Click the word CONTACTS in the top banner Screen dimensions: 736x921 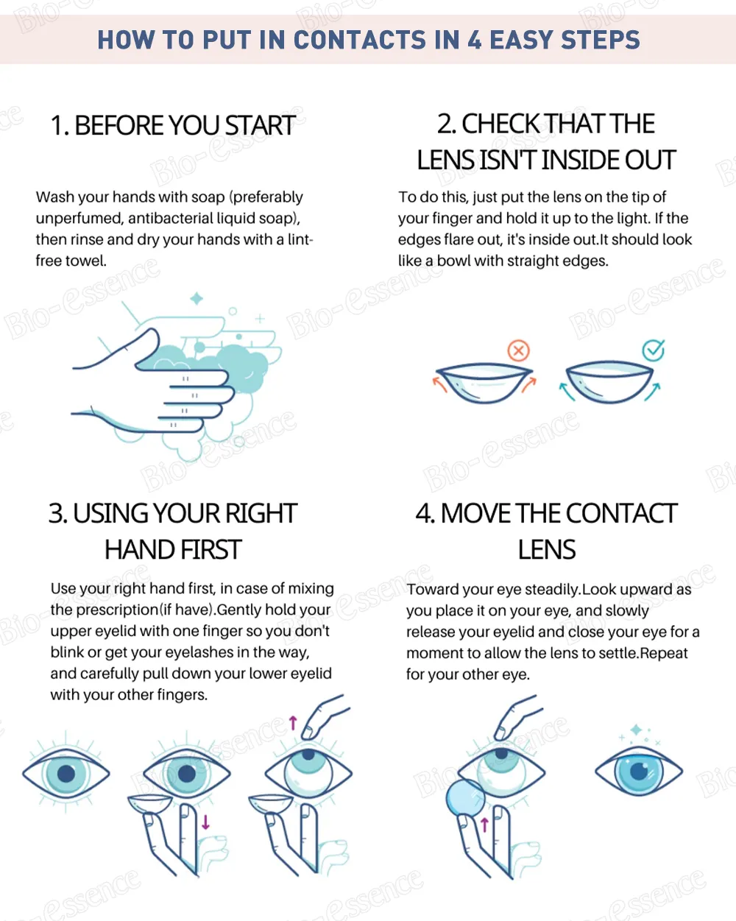[x=359, y=40]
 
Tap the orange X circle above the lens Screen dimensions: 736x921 [x=519, y=351]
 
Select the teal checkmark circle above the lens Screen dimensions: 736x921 [x=654, y=350]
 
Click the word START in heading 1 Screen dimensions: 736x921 [x=260, y=125]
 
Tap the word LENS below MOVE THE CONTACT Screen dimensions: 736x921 [x=546, y=549]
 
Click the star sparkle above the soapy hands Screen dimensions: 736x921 [x=197, y=298]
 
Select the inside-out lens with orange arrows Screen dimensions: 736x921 [x=484, y=382]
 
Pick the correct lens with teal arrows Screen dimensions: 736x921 [x=609, y=381]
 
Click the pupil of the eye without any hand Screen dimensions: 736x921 [x=66, y=773]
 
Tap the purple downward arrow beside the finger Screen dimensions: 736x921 [x=206, y=822]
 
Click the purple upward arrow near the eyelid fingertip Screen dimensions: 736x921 [x=293, y=723]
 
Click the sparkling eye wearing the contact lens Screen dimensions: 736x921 [x=638, y=771]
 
